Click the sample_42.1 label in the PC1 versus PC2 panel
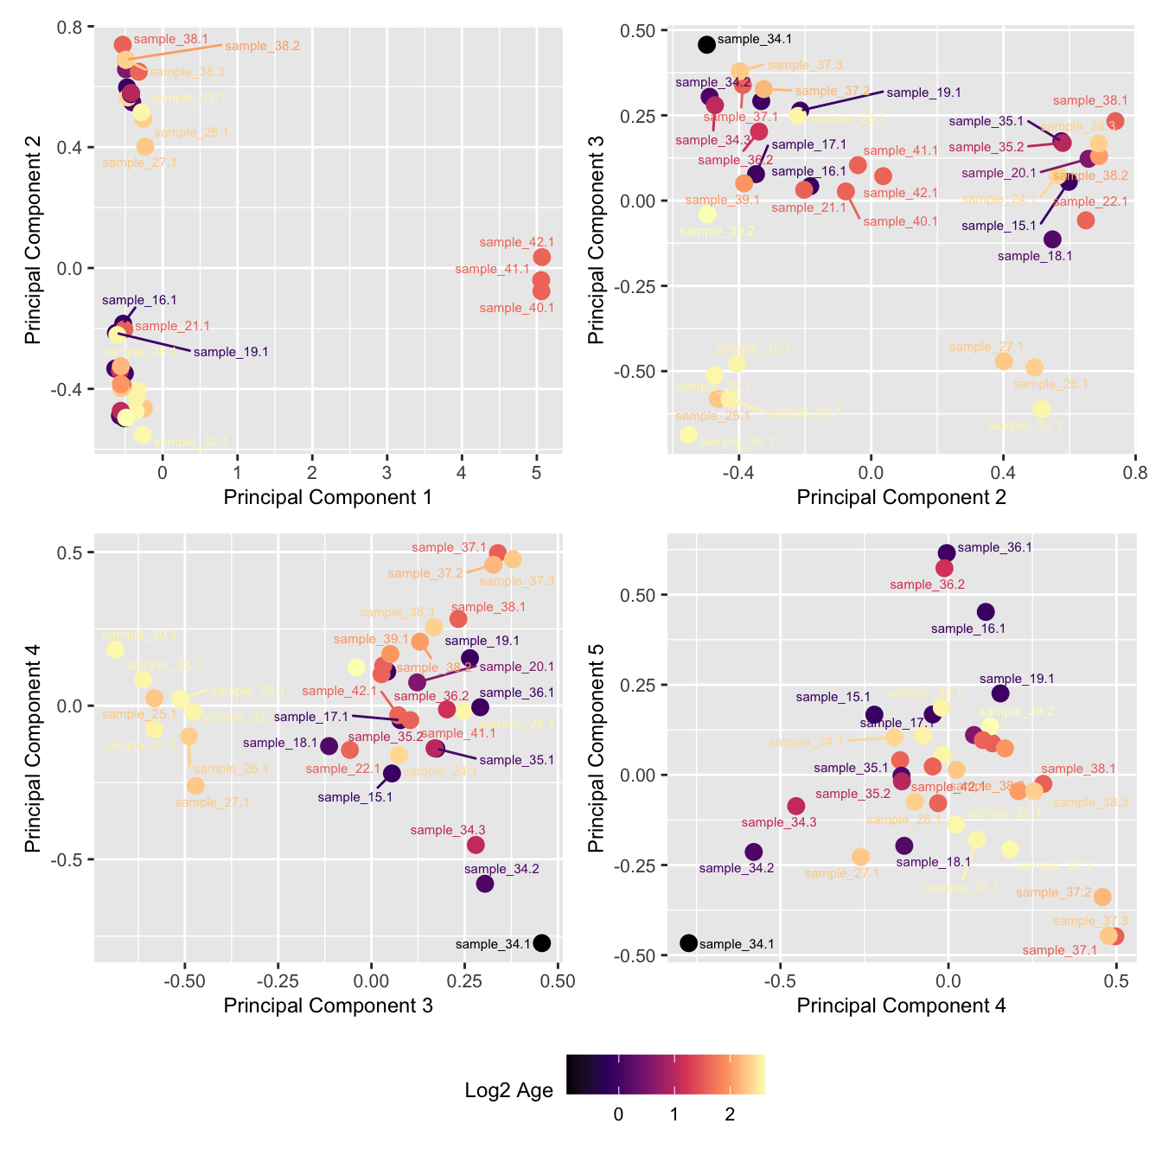click(516, 243)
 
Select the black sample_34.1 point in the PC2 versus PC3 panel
click(706, 44)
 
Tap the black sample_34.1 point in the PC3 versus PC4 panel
click(542, 943)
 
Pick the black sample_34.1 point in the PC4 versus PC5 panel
click(688, 943)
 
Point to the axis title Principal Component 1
click(328, 497)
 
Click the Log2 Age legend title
click(508, 1091)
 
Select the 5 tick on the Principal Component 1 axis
click(536, 473)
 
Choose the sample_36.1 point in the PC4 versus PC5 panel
click(947, 553)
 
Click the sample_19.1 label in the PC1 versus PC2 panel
click(231, 352)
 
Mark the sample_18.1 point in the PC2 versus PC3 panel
click(1052, 239)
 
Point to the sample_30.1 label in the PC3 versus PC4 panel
click(139, 635)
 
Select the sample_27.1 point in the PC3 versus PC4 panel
click(196, 786)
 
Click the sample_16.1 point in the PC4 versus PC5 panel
click(986, 612)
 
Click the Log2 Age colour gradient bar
click(666, 1075)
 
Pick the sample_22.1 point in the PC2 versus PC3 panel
click(1086, 220)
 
